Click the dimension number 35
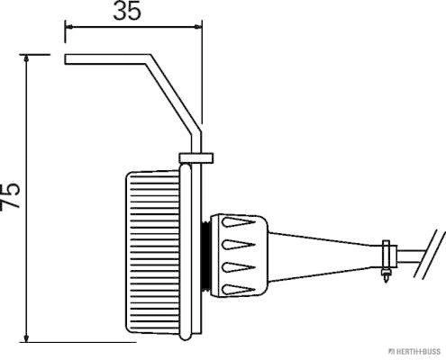click(127, 12)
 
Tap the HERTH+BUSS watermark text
click(414, 351)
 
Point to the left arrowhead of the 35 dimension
click(69, 27)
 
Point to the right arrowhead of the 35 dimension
click(198, 27)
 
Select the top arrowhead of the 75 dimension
click(27, 58)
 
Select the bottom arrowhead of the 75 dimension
click(27, 338)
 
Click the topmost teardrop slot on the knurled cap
click(238, 222)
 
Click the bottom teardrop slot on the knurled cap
click(238, 290)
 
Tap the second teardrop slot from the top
click(238, 245)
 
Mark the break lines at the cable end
click(430, 254)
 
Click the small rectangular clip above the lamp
click(196, 158)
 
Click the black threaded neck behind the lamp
click(206, 257)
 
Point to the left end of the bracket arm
click(65, 59)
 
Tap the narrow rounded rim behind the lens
click(186, 252)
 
